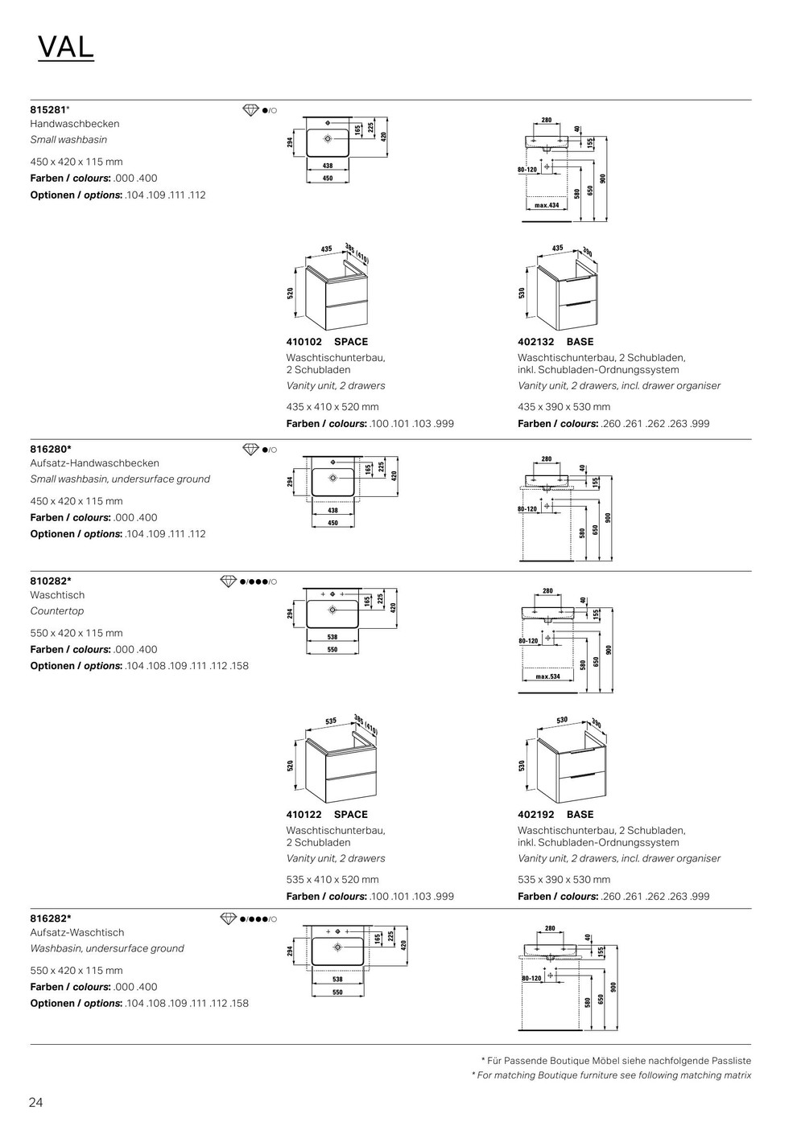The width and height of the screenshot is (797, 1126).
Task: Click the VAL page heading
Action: click(66, 48)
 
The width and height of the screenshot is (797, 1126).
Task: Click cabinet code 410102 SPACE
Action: click(327, 342)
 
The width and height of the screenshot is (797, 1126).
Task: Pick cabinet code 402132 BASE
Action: click(555, 342)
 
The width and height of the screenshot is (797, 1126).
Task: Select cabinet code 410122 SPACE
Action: click(327, 815)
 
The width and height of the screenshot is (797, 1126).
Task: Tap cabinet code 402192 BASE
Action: click(555, 815)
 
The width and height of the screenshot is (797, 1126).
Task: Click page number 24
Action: click(36, 1103)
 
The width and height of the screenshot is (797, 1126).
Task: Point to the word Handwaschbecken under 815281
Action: click(75, 124)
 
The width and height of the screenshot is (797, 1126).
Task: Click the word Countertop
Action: click(57, 611)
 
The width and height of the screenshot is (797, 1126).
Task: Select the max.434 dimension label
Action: click(547, 206)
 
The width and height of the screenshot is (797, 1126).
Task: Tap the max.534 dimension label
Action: click(547, 677)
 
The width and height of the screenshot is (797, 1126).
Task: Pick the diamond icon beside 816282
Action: click(229, 918)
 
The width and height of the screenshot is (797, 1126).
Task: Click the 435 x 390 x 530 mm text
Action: click(564, 407)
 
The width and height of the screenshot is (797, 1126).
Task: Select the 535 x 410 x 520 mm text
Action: click(332, 880)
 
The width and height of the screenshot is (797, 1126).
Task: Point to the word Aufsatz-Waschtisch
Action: click(77, 933)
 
